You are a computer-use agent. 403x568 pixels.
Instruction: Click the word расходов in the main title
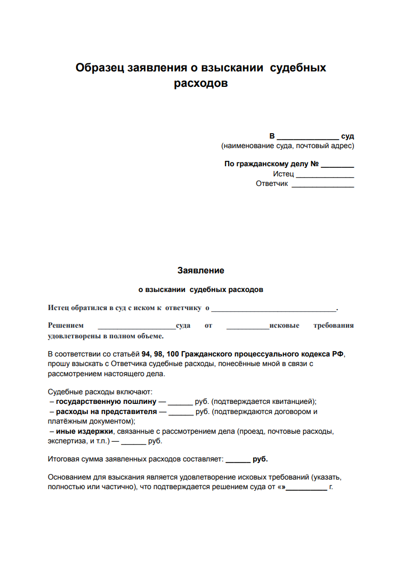click(201, 84)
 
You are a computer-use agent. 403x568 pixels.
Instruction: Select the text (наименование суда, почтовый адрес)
click(288, 146)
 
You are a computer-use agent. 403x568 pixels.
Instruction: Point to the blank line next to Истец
click(325, 174)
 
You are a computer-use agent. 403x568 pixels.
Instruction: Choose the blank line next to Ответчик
click(323, 184)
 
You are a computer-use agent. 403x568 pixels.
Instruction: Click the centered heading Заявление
click(201, 271)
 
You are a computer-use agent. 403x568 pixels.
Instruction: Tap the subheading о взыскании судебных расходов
click(201, 290)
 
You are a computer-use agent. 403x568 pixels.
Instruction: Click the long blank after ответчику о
click(274, 309)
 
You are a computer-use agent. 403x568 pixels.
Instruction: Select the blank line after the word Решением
click(137, 326)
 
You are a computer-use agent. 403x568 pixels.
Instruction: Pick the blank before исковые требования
click(248, 326)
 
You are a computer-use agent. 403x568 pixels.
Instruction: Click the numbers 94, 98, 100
click(162, 354)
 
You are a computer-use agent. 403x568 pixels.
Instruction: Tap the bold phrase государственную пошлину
click(106, 402)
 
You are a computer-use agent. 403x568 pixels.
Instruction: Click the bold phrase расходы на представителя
click(106, 412)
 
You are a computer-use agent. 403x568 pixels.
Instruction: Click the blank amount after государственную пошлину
click(180, 402)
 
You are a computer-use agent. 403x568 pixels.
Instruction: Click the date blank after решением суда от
click(307, 487)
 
